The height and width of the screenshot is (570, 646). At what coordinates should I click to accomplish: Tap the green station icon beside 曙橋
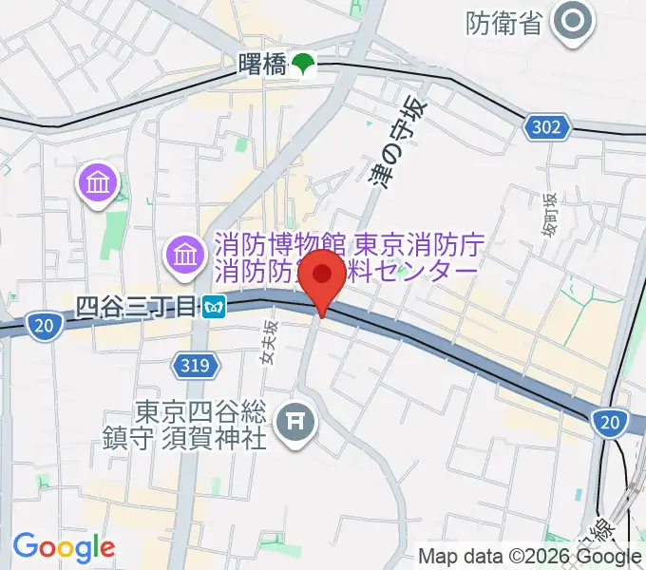(x=303, y=66)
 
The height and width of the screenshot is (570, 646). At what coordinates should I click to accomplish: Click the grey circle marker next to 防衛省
(x=573, y=22)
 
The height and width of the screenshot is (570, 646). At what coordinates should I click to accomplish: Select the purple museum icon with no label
(x=99, y=180)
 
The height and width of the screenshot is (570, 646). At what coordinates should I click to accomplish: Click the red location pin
(x=323, y=277)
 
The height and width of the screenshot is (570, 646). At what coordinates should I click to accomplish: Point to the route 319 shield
(x=189, y=363)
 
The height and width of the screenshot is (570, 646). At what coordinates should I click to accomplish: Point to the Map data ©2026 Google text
(x=530, y=557)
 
